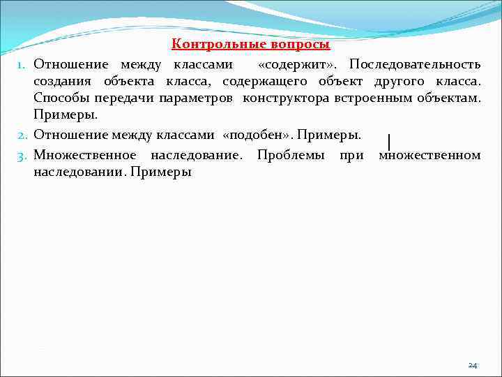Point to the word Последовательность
[415, 65]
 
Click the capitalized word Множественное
[84, 154]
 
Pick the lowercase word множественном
[429, 154]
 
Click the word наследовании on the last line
[77, 171]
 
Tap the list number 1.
[22, 66]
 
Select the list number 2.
[22, 135]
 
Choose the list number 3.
[22, 155]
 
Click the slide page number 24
[473, 365]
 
